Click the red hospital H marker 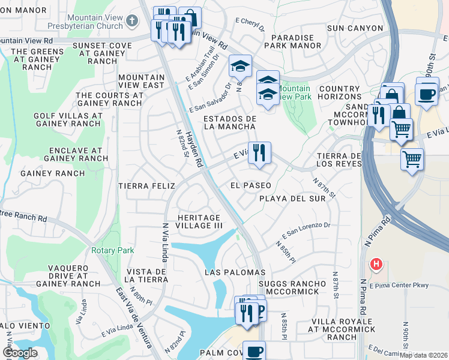click(376, 263)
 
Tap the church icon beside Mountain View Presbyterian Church click(133, 22)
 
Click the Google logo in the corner click(19, 353)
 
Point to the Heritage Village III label click(199, 221)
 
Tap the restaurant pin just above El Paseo click(259, 153)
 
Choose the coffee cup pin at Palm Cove click(254, 351)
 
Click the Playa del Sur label click(292, 198)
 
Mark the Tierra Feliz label click(142, 186)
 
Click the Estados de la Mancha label click(230, 122)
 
